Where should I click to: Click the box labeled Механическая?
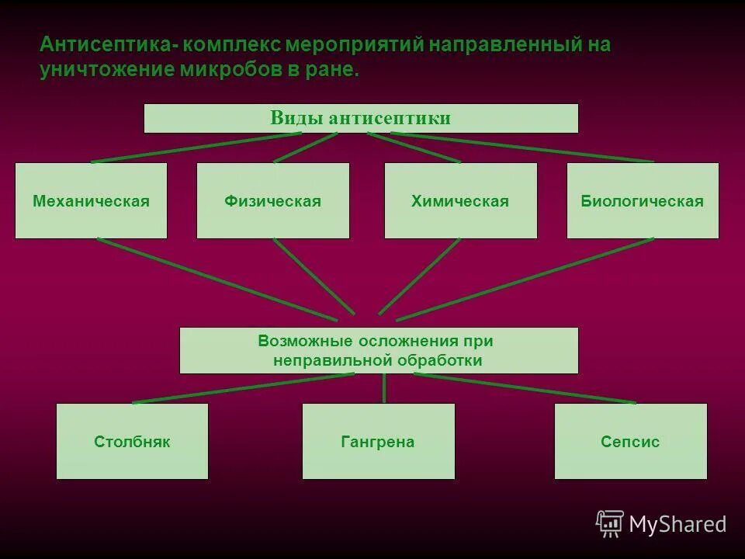[x=91, y=200]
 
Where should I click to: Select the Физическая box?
[x=272, y=200]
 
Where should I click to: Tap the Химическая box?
[x=460, y=200]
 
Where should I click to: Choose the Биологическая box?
[x=643, y=200]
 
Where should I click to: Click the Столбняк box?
[x=132, y=441]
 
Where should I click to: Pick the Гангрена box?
[x=378, y=441]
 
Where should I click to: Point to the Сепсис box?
[x=630, y=441]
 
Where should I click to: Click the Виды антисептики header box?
[x=361, y=118]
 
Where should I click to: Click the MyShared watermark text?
[x=677, y=524]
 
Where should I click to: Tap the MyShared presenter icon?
[x=610, y=523]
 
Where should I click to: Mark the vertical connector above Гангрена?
[x=384, y=388]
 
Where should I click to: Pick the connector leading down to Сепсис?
[x=524, y=388]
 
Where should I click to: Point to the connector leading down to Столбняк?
[x=244, y=388]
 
